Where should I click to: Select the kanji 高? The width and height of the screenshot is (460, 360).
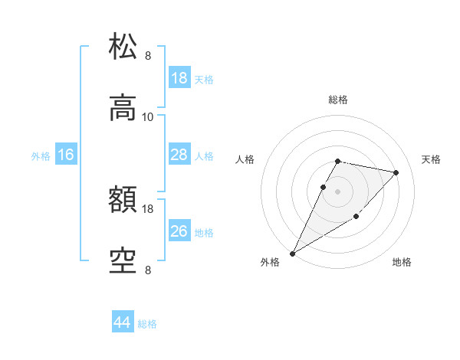point(123,108)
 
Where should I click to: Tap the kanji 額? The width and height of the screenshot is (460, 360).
point(123,200)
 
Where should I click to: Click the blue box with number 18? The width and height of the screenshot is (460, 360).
point(179,78)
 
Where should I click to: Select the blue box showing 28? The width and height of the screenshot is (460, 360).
point(179,155)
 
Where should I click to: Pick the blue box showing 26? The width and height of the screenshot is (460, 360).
point(179,232)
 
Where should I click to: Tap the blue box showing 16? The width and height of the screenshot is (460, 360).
point(66,155)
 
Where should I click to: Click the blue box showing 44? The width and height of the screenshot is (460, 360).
point(122,323)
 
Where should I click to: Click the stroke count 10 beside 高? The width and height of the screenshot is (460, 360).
point(148,116)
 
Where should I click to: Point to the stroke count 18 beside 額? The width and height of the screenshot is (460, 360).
point(148,208)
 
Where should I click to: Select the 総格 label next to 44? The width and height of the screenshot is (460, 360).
point(147,324)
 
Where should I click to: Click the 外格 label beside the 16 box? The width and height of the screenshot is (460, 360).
point(41,156)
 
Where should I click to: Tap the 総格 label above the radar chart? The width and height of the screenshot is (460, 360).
point(338,100)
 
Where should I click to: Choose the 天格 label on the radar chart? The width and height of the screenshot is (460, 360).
point(431,159)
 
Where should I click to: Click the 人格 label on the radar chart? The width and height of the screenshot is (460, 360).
point(245,159)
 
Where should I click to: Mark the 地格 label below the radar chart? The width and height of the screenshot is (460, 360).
point(402,262)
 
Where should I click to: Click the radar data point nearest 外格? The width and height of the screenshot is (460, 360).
point(292,254)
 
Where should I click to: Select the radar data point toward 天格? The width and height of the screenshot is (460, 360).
point(396,172)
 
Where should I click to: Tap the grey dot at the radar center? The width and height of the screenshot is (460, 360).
point(338,191)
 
